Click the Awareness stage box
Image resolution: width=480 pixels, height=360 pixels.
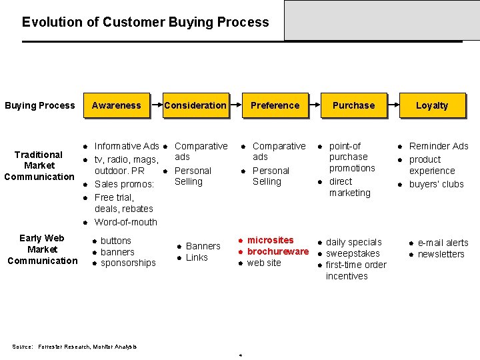[116, 105]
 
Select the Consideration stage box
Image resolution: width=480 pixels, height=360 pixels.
[195, 105]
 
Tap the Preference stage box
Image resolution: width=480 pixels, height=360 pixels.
[275, 105]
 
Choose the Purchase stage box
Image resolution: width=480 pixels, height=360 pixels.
[353, 105]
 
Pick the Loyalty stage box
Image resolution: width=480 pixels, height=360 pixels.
[432, 105]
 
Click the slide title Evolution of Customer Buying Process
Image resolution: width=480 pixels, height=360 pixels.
[145, 22]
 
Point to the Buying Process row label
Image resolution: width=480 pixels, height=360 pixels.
[40, 105]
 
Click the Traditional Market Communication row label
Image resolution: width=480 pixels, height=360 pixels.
[39, 165]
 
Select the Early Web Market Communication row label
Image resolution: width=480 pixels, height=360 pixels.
[42, 249]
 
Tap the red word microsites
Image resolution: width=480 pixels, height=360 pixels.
[270, 240]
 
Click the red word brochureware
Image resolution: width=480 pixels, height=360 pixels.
[278, 251]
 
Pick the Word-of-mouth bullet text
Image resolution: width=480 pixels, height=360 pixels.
[126, 222]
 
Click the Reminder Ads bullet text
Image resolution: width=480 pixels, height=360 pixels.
[439, 146]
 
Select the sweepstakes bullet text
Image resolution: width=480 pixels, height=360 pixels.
[353, 253]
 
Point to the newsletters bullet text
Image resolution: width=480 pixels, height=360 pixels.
[441, 254]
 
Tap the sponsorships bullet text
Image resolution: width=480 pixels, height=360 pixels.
[128, 263]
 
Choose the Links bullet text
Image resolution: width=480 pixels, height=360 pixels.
[197, 257]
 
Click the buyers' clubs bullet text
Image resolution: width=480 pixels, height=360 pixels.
[436, 184]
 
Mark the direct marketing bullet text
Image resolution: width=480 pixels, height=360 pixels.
[349, 187]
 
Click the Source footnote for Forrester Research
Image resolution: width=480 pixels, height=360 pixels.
[75, 347]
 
